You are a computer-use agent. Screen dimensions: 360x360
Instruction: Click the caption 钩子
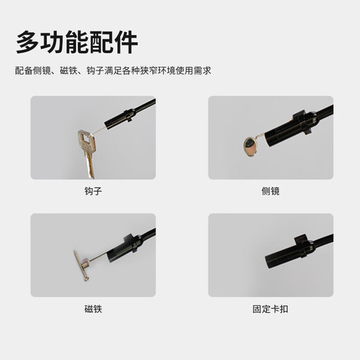92,191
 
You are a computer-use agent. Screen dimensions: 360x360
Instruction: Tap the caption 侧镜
270,191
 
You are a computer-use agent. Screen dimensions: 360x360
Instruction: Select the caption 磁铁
92,309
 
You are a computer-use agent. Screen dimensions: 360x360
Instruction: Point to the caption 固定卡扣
270,309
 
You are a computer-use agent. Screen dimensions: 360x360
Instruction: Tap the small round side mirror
250,145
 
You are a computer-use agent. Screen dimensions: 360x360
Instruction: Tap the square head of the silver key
86,141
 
